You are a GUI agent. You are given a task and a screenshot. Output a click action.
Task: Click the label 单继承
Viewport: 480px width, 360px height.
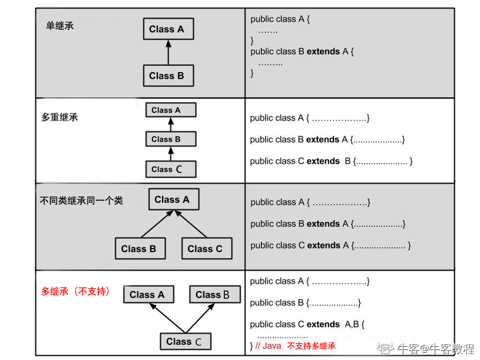pyautogui.click(x=60, y=26)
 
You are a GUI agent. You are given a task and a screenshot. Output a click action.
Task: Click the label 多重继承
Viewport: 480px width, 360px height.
pyautogui.click(x=59, y=117)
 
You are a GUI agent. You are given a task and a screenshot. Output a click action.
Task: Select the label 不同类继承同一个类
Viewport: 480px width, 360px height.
pyautogui.click(x=81, y=200)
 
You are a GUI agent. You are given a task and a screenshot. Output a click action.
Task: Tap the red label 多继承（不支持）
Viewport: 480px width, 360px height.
pyautogui.click(x=76, y=292)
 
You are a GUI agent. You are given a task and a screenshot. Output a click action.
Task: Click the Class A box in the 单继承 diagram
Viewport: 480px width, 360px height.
pyautogui.click(x=167, y=29)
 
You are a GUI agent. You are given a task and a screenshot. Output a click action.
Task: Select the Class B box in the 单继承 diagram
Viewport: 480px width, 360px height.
pyautogui.click(x=167, y=76)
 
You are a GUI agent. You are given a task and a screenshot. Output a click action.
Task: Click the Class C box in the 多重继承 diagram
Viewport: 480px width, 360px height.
pyautogui.click(x=171, y=169)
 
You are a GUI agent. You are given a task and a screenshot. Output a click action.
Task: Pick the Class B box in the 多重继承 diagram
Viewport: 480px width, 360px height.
pyautogui.click(x=171, y=139)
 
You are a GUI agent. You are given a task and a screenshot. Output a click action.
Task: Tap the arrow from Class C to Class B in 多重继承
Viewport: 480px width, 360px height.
pyautogui.click(x=171, y=154)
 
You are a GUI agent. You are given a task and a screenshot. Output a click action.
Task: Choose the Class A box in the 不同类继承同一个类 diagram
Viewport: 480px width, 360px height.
pyautogui.click(x=173, y=200)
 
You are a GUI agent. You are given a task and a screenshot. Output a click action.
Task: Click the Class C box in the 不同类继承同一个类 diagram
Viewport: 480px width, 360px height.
pyautogui.click(x=205, y=248)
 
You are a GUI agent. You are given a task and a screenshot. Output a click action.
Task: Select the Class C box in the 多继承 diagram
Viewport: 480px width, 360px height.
pyautogui.click(x=185, y=341)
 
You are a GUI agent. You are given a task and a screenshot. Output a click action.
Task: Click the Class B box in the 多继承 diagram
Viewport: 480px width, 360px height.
pyautogui.click(x=214, y=295)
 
